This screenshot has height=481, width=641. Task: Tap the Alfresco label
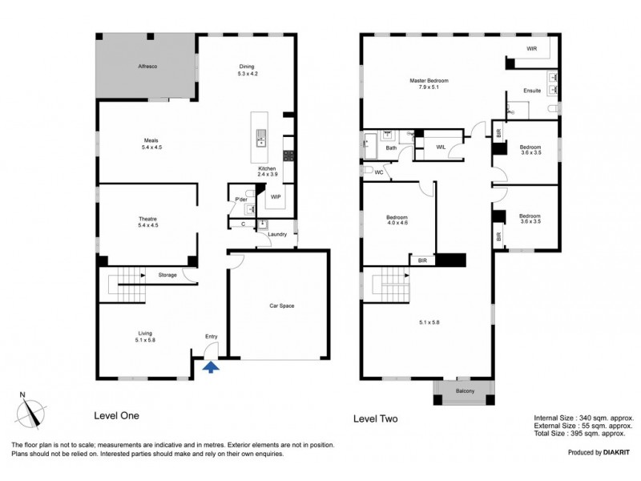pos(147,67)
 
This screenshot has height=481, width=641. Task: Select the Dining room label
pos(247,67)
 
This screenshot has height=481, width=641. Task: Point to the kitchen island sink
pos(261,138)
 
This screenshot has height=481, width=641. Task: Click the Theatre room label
pos(147,219)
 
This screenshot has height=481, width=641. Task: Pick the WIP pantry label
pos(276,196)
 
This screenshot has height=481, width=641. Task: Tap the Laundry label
pos(277,234)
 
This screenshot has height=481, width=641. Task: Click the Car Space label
pos(282,305)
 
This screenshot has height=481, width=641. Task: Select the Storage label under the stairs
pos(167,275)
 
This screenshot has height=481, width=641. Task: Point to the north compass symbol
pos(31,412)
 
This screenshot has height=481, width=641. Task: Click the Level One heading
pos(116,415)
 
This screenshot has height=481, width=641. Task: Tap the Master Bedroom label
pos(429,81)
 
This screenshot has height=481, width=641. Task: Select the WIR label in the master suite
pos(532,49)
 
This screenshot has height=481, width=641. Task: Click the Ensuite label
pos(532,91)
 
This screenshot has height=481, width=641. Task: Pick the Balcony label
pos(466,391)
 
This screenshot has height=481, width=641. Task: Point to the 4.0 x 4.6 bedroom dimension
pos(397,223)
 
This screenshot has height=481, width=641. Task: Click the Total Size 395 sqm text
pos(579,434)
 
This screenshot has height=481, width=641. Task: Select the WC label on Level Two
pos(379,172)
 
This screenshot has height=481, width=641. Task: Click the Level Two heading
pos(375,418)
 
